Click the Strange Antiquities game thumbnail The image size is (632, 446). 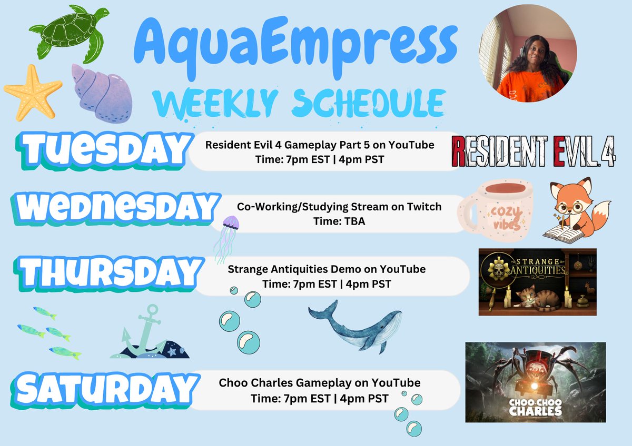[x=537, y=281]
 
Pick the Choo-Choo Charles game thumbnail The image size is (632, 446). [x=535, y=382]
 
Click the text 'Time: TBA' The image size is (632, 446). [x=339, y=221]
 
